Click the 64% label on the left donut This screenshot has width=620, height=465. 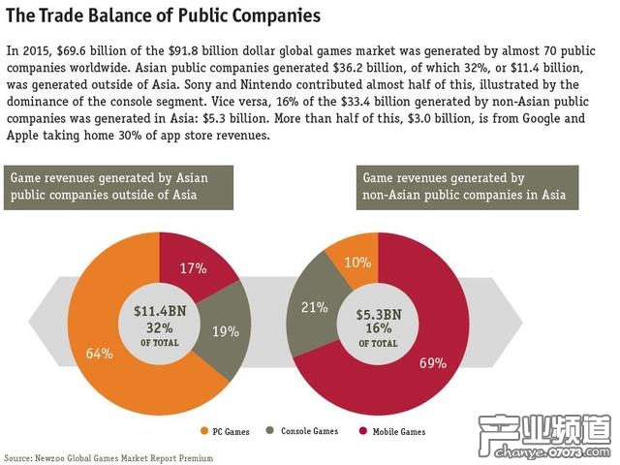[x=100, y=354]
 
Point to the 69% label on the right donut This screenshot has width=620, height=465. [x=431, y=363]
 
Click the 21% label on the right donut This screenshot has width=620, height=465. [x=314, y=307]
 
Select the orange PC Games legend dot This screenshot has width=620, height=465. [x=205, y=431]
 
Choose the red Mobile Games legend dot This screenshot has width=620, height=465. [x=363, y=431]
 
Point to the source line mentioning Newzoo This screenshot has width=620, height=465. [x=109, y=456]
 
